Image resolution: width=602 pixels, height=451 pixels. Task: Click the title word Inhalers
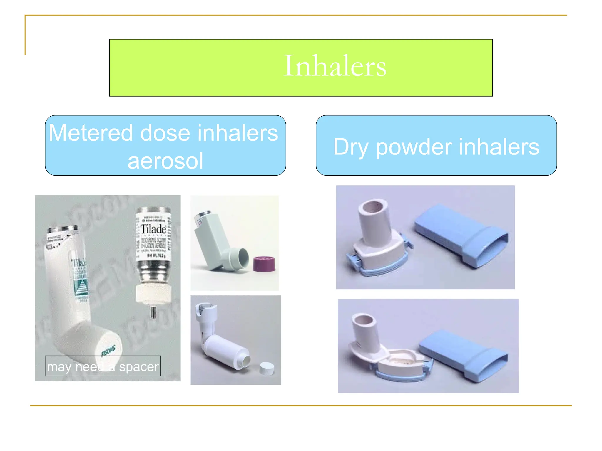(335, 66)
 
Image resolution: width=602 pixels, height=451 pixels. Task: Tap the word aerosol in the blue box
(165, 161)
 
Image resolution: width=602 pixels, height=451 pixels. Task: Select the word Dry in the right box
(351, 147)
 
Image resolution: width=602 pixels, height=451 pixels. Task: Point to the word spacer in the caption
(139, 367)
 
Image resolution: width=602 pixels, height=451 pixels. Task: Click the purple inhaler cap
(264, 263)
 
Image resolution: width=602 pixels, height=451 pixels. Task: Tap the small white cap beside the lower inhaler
(267, 368)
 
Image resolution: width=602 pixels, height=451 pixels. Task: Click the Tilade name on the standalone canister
(153, 229)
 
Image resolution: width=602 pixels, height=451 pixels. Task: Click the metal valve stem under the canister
(153, 312)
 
